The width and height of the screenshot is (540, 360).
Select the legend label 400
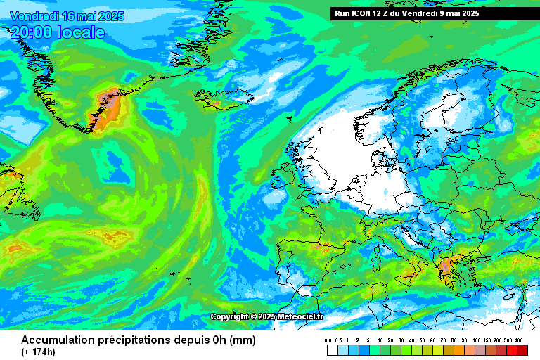(520, 340)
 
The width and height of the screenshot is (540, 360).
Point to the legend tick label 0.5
(339, 340)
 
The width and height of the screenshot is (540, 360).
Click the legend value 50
(423, 340)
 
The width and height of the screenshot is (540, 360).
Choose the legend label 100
(476, 340)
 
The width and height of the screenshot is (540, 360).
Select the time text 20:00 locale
(58, 32)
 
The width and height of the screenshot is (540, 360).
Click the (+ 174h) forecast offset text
(38, 352)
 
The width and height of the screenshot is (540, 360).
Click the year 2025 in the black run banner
(468, 13)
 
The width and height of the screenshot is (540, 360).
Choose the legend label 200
(498, 340)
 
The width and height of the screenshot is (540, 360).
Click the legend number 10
(380, 340)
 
